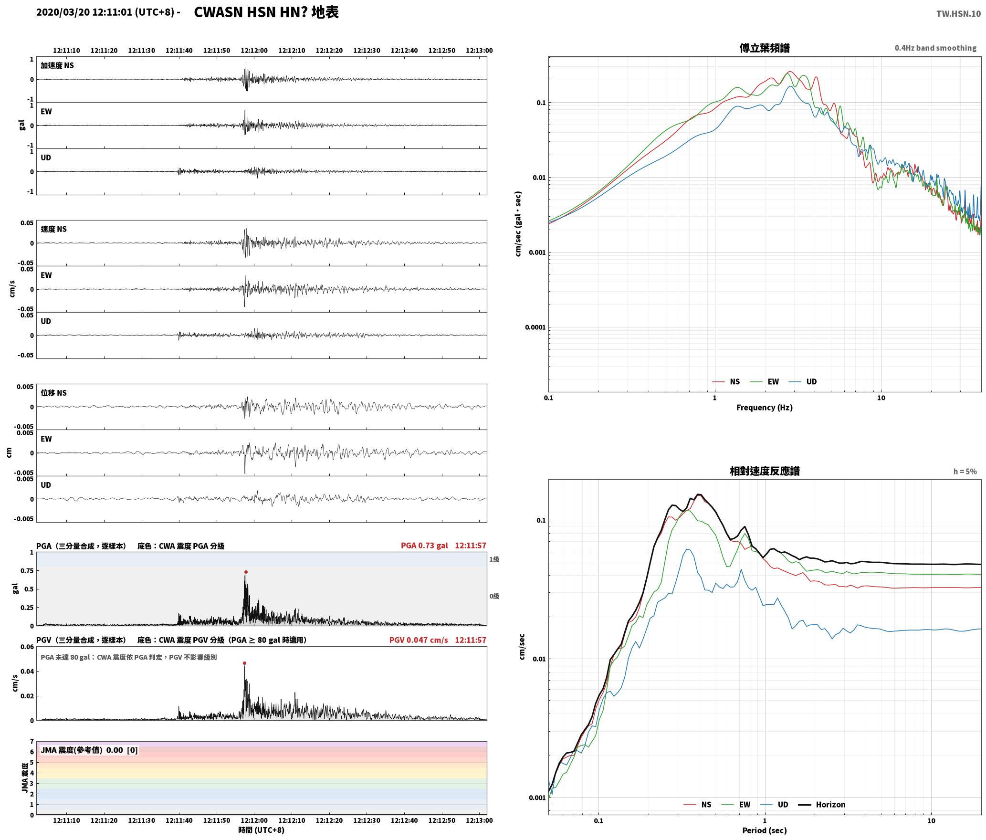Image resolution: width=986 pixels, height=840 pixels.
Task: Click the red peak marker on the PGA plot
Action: [x=246, y=572]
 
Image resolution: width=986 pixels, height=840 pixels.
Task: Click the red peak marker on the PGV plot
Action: [x=244, y=663]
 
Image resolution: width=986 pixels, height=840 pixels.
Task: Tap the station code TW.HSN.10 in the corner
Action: [x=958, y=14]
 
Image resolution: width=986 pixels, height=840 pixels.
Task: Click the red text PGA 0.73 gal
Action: [x=424, y=546]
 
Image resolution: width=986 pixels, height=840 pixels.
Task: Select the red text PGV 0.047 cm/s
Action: [x=419, y=640]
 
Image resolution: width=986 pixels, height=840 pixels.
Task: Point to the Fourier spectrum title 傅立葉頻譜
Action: [x=764, y=48]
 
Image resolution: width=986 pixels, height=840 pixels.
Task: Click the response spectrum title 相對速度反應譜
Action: [x=765, y=471]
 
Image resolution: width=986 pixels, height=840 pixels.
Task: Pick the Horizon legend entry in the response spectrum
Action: [x=822, y=805]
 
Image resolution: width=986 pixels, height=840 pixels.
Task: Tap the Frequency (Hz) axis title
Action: [x=764, y=408]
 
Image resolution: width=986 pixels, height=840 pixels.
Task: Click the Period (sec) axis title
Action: [x=764, y=830]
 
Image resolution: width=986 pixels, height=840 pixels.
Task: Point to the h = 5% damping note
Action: [x=965, y=472]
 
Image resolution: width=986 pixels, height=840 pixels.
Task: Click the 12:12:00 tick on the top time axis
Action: [x=254, y=50]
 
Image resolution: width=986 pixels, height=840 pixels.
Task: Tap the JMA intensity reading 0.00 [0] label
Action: [x=122, y=750]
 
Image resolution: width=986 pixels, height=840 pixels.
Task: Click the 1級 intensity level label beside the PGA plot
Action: [x=494, y=559]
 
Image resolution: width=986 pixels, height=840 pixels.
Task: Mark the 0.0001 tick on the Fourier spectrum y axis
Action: [x=535, y=327]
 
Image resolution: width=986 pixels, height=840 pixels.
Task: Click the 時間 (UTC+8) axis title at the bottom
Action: [x=262, y=830]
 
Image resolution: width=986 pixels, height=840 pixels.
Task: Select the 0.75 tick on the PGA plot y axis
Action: [x=27, y=571]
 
